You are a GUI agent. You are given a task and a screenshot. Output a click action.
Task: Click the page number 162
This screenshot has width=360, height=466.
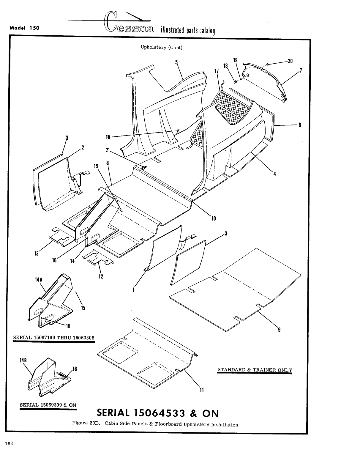click(x=9, y=443)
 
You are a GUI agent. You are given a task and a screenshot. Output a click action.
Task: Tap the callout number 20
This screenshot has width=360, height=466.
click(x=290, y=61)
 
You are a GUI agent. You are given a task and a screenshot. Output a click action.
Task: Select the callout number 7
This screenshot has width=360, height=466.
click(x=301, y=70)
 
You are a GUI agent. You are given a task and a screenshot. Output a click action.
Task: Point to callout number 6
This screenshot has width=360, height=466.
click(x=300, y=125)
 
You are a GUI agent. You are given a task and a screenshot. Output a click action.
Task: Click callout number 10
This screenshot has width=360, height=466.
click(x=213, y=219)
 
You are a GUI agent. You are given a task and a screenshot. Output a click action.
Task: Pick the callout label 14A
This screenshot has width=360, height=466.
click(x=39, y=280)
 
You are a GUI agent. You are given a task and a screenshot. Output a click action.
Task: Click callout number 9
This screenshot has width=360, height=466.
click(x=279, y=329)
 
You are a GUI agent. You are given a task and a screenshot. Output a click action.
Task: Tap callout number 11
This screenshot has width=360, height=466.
click(x=201, y=390)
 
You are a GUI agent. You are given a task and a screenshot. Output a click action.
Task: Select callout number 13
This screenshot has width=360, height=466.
click(x=36, y=254)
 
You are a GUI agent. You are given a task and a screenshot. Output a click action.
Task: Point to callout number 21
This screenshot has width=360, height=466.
click(x=108, y=150)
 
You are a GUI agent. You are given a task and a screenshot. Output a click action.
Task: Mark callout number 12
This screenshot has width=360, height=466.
click(x=101, y=276)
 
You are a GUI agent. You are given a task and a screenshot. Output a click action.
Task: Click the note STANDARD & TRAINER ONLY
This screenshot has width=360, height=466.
click(x=255, y=370)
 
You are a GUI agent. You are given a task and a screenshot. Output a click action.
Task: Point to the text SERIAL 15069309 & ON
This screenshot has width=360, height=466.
click(x=48, y=405)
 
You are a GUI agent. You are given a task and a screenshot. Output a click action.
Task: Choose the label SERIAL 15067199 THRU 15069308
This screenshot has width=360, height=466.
click(x=53, y=338)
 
